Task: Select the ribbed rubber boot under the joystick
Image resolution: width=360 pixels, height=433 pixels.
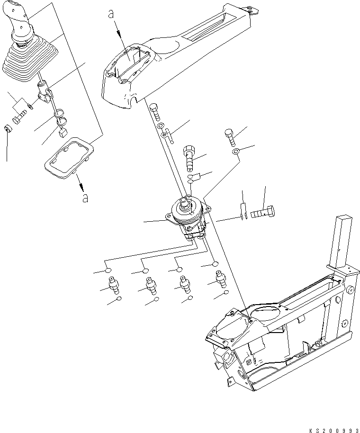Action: [x=26, y=62]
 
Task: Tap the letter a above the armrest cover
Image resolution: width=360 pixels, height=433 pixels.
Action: [x=111, y=16]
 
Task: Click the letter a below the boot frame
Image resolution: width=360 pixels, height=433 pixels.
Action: [x=85, y=198]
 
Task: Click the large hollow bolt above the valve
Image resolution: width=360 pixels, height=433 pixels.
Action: [x=189, y=156]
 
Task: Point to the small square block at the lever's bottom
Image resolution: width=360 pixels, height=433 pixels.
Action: [x=63, y=134]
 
